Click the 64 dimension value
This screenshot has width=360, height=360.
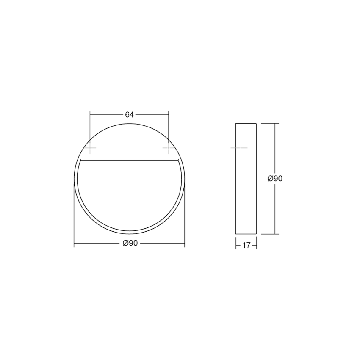(x=129, y=114)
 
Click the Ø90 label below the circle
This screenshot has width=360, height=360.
(x=130, y=244)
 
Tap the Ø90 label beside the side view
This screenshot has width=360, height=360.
(x=275, y=178)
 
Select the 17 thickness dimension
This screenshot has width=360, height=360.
(x=246, y=245)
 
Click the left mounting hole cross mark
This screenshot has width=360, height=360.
(x=90, y=148)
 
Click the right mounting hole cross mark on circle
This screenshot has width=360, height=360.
(x=169, y=148)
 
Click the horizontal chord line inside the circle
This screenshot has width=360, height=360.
(x=130, y=161)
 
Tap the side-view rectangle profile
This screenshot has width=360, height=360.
(x=246, y=178)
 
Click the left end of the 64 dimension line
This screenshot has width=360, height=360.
(x=90, y=114)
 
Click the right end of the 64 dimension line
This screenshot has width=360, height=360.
(x=169, y=114)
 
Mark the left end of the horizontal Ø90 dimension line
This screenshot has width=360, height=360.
(x=74, y=244)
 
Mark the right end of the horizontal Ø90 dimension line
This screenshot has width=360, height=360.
(x=185, y=244)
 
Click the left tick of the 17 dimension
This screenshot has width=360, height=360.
(x=236, y=245)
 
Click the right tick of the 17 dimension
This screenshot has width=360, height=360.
(x=257, y=245)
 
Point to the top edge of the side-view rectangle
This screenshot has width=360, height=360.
(x=246, y=123)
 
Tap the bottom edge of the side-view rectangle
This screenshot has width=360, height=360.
(x=246, y=234)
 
